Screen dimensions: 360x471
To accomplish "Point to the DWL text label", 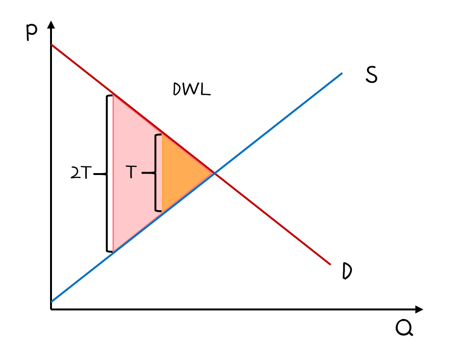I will [191, 90].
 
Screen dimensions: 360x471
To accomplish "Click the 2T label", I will [81, 174].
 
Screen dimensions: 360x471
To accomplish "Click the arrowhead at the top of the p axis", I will [51, 24].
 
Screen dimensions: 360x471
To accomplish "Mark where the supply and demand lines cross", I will [215, 173].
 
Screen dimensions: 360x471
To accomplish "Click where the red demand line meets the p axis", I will [51, 45].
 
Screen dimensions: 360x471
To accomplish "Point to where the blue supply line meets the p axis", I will [51, 301].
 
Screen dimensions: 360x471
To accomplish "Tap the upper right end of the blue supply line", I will [342, 73].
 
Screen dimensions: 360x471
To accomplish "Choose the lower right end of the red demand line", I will [330, 264].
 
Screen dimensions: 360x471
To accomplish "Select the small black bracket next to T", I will [156, 173].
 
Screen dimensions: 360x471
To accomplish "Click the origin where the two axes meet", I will [51, 309].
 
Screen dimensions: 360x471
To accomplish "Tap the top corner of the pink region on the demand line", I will [113, 94].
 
